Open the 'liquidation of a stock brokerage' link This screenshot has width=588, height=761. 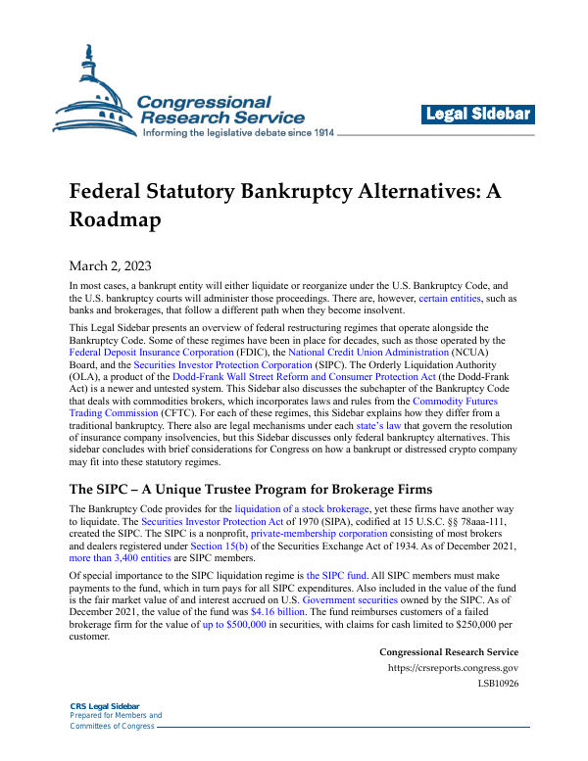coord(302,508)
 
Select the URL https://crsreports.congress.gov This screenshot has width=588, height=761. coord(453,669)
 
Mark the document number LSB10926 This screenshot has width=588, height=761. coord(498,684)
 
